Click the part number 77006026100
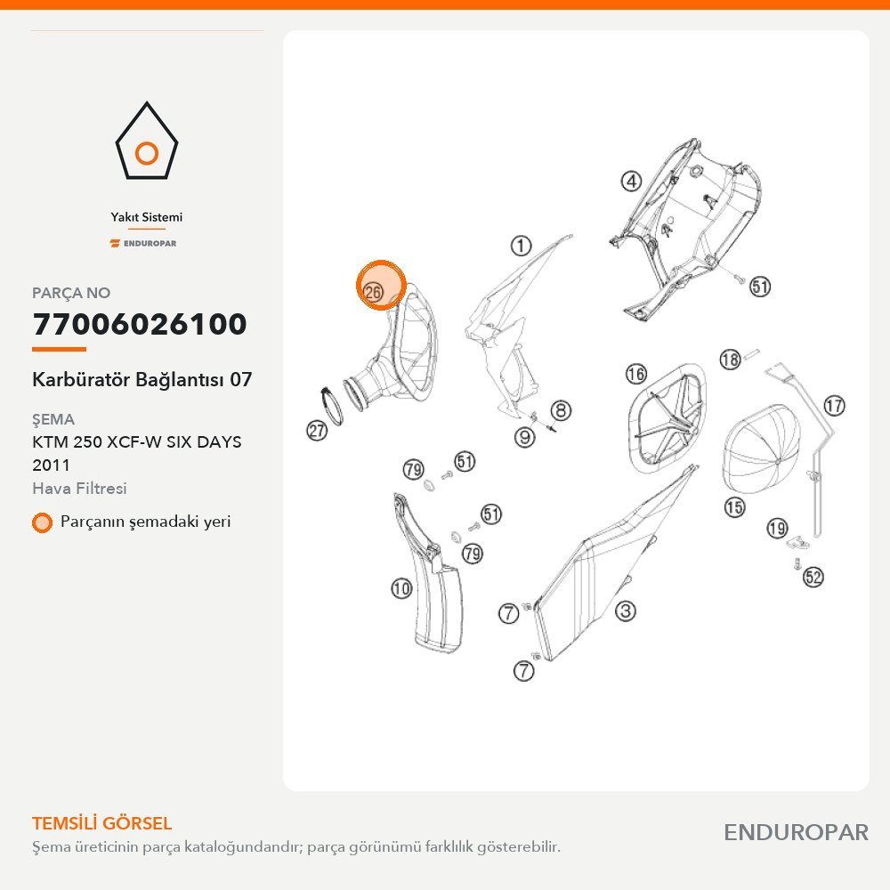pyautogui.click(x=140, y=324)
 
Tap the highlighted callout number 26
pyautogui.click(x=373, y=292)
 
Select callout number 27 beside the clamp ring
pyautogui.click(x=317, y=430)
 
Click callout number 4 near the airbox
pyautogui.click(x=631, y=182)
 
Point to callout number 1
pyautogui.click(x=521, y=246)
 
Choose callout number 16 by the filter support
pyautogui.click(x=636, y=374)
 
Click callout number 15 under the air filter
pyautogui.click(x=734, y=506)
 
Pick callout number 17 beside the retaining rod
pyautogui.click(x=834, y=406)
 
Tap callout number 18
pyautogui.click(x=731, y=359)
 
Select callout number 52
pyautogui.click(x=813, y=578)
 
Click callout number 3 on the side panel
pyautogui.click(x=625, y=611)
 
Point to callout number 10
pyautogui.click(x=401, y=588)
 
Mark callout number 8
pyautogui.click(x=561, y=410)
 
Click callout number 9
pyautogui.click(x=524, y=436)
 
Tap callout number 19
pyautogui.click(x=777, y=529)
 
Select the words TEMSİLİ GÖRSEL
pyautogui.click(x=101, y=823)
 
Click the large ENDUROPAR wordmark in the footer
pyautogui.click(x=796, y=833)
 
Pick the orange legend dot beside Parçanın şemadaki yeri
pyautogui.click(x=42, y=522)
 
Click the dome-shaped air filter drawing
pyautogui.click(x=761, y=449)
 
